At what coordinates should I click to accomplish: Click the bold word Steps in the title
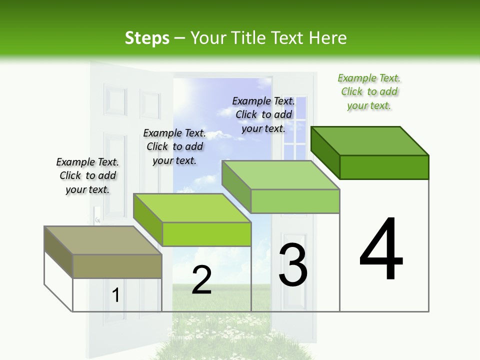click(x=147, y=38)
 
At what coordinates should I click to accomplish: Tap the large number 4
click(x=381, y=249)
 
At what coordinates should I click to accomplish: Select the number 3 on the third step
click(x=293, y=265)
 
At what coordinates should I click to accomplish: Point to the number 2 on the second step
click(x=201, y=280)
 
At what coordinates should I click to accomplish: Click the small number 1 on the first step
click(x=116, y=295)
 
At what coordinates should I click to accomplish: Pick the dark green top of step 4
click(x=369, y=141)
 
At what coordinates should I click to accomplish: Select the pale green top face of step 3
click(x=280, y=175)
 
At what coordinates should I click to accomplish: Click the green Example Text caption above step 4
click(x=369, y=92)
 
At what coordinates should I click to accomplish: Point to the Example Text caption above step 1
click(x=87, y=175)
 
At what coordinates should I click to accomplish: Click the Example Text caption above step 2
click(x=174, y=146)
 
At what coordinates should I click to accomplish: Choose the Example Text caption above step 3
click(x=263, y=114)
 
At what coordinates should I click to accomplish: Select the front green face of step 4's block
click(x=384, y=167)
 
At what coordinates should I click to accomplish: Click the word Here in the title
click(x=329, y=38)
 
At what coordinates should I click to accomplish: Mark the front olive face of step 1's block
click(x=117, y=266)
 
